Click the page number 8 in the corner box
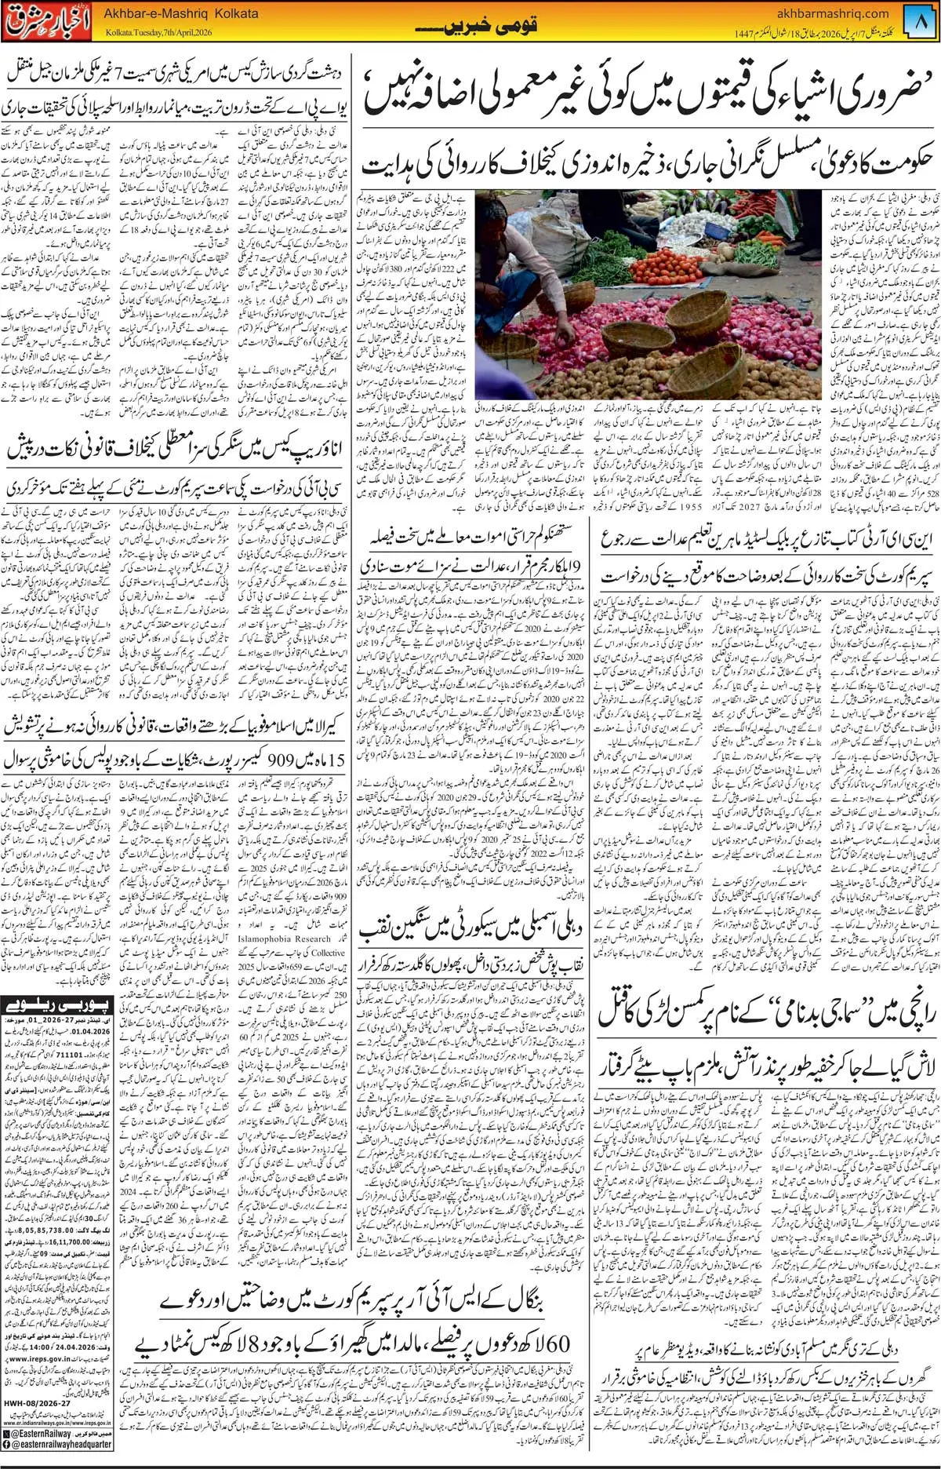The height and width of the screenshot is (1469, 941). coord(921,22)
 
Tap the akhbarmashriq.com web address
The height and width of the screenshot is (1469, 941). coord(833,13)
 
